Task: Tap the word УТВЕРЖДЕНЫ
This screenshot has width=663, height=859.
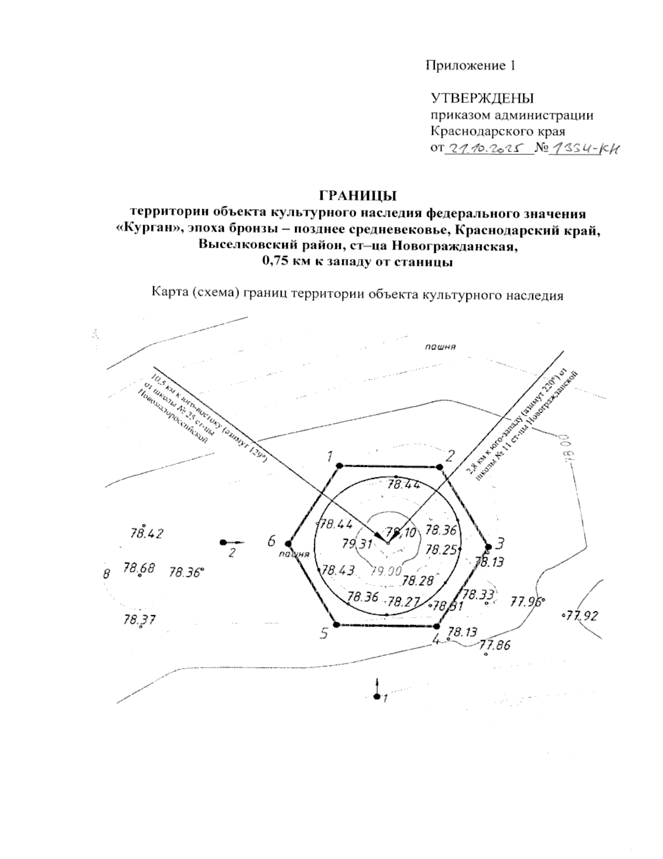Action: [x=482, y=99]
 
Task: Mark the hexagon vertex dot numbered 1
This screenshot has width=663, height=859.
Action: [x=339, y=465]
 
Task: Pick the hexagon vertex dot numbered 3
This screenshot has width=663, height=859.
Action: [x=487, y=544]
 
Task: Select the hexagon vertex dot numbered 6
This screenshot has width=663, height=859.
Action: [x=288, y=543]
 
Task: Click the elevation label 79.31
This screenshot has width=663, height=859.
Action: [x=356, y=544]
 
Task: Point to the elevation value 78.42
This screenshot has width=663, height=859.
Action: [x=146, y=534]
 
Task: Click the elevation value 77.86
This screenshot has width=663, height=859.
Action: [x=496, y=645]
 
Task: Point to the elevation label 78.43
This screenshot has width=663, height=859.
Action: [x=338, y=570]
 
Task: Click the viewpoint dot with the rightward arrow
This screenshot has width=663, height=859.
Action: [x=223, y=543]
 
